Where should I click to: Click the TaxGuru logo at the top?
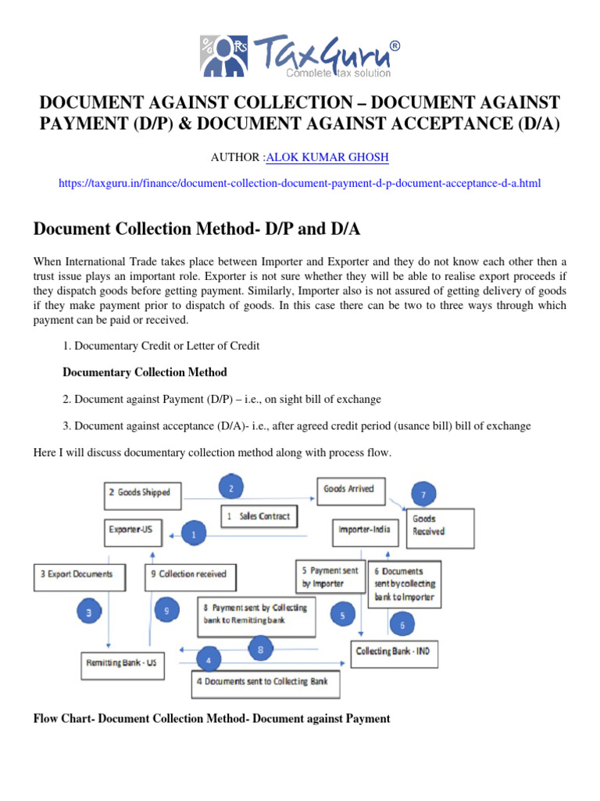click(300, 54)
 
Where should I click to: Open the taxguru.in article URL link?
click(299, 183)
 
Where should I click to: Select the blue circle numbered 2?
click(230, 490)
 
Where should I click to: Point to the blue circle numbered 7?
click(423, 494)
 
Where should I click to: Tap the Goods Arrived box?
click(348, 489)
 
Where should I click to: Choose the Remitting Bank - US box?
click(121, 663)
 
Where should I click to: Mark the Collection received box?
click(190, 574)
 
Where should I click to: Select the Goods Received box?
click(438, 525)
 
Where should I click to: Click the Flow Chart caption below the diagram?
click(212, 718)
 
